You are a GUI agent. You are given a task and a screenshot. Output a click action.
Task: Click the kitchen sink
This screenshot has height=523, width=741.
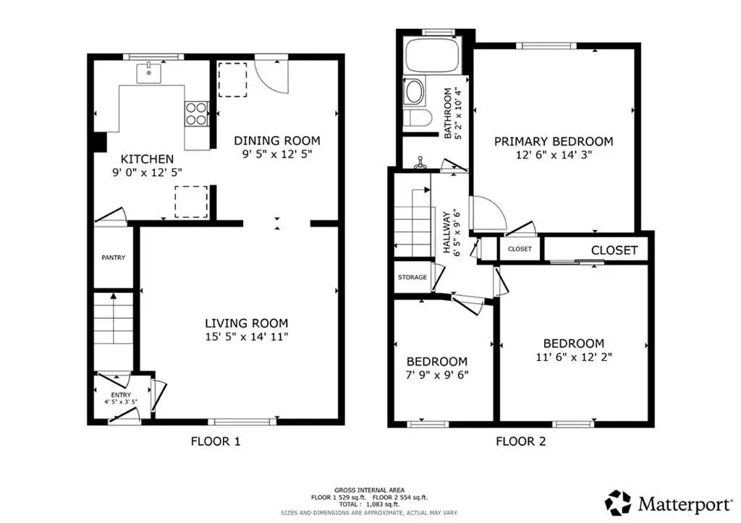coord(148,73)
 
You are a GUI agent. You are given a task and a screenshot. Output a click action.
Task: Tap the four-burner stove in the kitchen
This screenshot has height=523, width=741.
coord(196,114)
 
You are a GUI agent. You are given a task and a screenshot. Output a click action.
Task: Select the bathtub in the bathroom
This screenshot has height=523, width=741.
coord(433,56)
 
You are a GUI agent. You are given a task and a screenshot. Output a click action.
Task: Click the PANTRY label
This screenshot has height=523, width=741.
coord(114,258)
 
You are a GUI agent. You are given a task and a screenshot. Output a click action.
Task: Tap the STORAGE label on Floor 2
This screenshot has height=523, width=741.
coord(412,277)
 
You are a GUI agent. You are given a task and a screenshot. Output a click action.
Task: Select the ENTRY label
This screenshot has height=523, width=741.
coord(121,395)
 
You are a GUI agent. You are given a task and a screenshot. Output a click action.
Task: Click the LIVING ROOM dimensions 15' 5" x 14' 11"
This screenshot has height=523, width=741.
coord(246,337)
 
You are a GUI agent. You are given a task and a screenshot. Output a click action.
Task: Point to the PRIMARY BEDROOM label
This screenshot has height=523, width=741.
coord(554,141)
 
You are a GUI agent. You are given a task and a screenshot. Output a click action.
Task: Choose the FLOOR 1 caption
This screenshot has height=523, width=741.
coord(216,441)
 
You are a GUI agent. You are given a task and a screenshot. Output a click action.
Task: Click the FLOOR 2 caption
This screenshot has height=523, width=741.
coord(521,441)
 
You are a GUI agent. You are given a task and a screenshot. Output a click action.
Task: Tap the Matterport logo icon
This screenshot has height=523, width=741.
coord(618,503)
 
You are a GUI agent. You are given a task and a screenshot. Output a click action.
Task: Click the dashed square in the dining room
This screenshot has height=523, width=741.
coord(232,80)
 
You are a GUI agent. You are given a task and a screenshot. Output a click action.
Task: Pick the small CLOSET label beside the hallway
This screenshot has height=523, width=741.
coord(520,249)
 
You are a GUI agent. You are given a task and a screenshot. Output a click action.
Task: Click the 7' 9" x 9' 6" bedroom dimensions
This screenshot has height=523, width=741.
coord(437,375)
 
